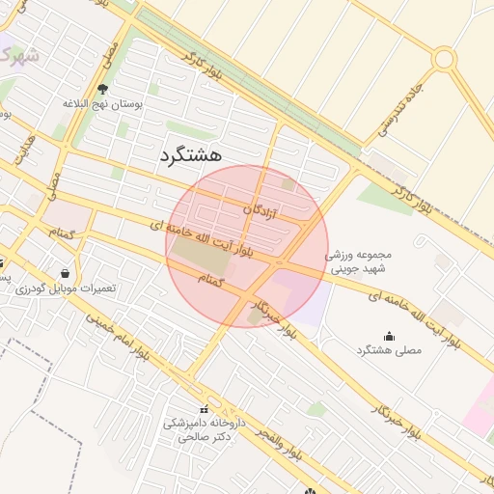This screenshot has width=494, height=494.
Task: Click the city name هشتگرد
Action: (x=190, y=153)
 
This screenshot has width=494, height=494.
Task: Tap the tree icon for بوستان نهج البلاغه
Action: (x=102, y=90)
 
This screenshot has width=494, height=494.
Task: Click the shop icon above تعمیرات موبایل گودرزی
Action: (x=64, y=273)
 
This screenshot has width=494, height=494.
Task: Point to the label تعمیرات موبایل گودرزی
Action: (x=67, y=288)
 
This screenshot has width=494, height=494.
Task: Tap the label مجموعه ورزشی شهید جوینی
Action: (x=345, y=263)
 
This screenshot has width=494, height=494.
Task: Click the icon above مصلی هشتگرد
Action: (x=389, y=336)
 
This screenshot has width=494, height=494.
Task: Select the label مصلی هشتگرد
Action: (x=389, y=350)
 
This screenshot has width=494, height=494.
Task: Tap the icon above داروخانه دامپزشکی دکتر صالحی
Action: (x=204, y=409)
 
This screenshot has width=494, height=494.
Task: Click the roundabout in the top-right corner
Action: (x=444, y=59)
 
